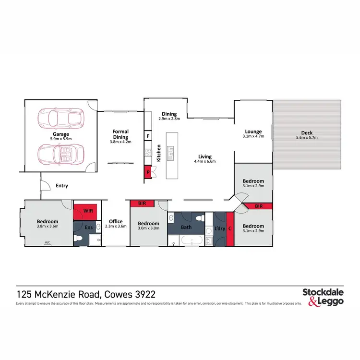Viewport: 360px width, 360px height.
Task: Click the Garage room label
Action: (61, 134)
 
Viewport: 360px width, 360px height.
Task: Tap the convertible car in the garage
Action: (60, 154)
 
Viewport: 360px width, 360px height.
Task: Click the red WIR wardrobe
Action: (86, 211)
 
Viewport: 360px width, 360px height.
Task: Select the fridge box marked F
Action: (148, 136)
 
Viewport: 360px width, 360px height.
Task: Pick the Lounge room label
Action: (253, 131)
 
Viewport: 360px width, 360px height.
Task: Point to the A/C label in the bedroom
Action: (48, 242)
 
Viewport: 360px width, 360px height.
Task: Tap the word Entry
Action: (62, 186)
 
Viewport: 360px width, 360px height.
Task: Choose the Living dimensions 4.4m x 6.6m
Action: (205, 161)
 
